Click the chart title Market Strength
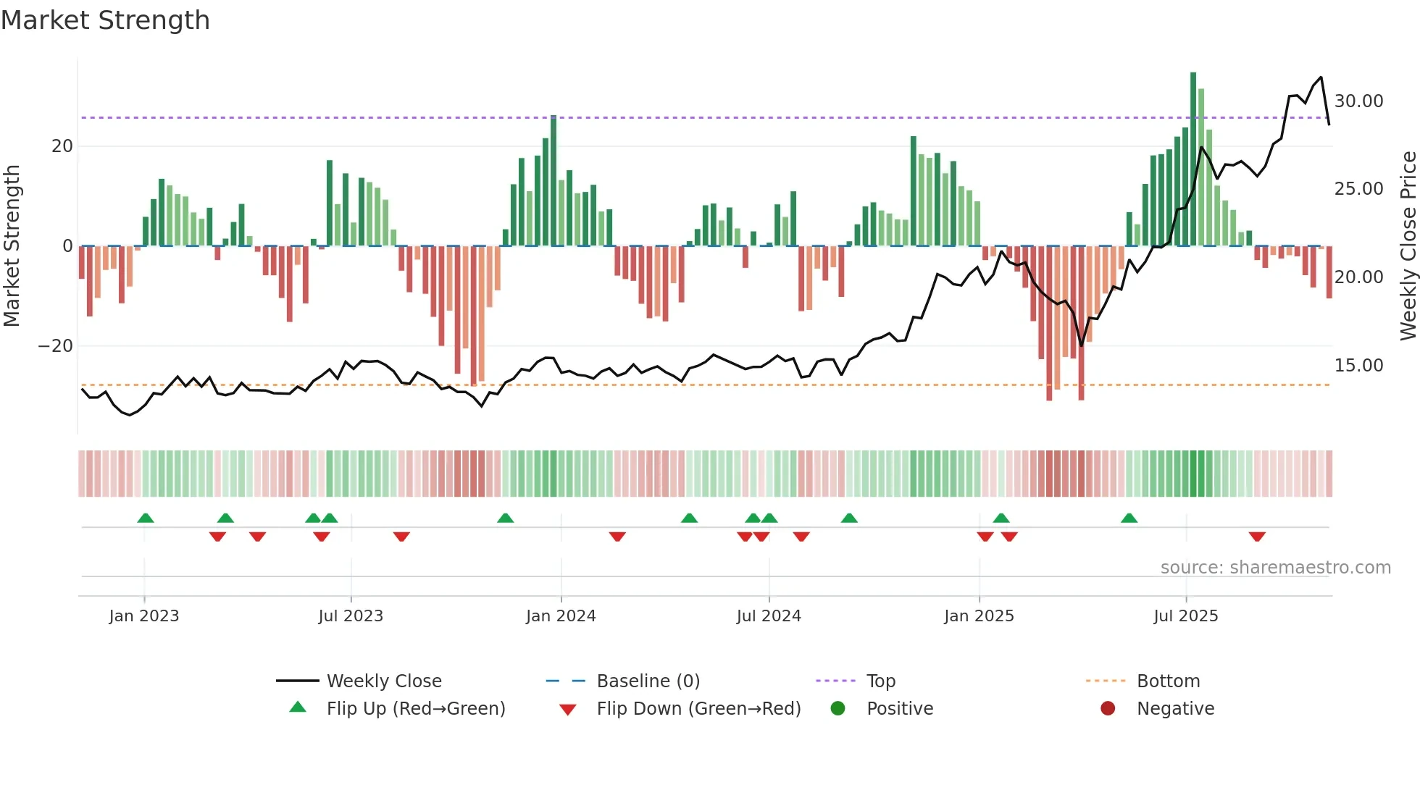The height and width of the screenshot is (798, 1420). (x=105, y=20)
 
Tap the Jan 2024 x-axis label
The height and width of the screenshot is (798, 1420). (x=561, y=616)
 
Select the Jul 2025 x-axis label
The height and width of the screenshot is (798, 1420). (x=1185, y=616)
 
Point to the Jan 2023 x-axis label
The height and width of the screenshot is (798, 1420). (x=143, y=616)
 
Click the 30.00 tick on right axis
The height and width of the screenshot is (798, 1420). (x=1358, y=101)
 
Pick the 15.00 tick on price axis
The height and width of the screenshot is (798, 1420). (x=1358, y=366)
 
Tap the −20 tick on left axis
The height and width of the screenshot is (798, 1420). (x=56, y=346)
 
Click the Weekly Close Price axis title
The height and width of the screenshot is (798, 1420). (x=1408, y=245)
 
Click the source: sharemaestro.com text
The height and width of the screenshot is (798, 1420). (x=1275, y=568)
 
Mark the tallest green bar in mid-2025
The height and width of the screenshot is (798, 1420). (x=1193, y=159)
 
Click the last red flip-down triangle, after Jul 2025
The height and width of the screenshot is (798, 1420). (x=1257, y=537)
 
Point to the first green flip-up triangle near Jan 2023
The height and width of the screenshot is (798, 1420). (x=146, y=518)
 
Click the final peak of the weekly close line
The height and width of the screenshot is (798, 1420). (x=1321, y=77)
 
